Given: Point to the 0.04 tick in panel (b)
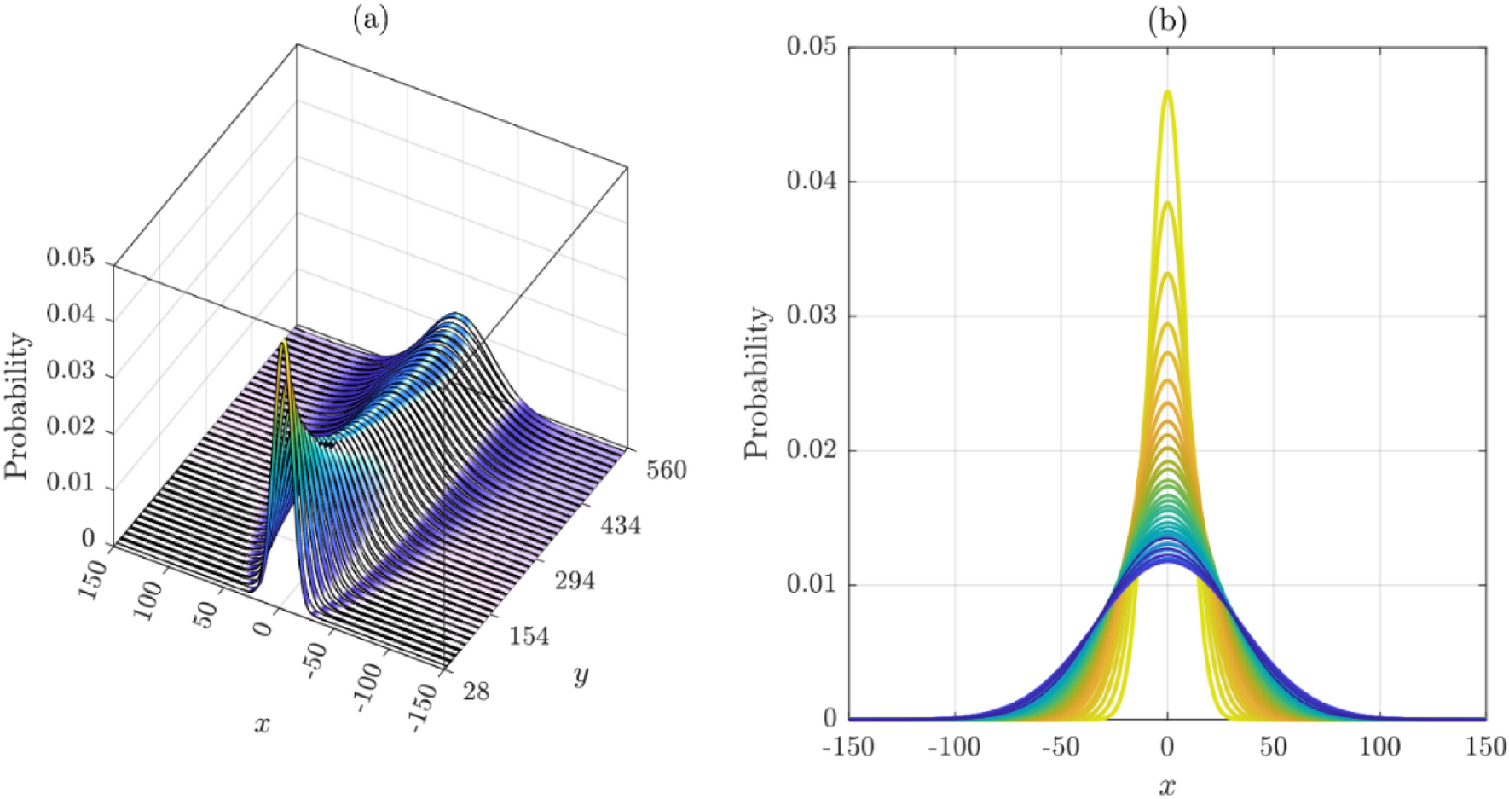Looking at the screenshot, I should [811, 182].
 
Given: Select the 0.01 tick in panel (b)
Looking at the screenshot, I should [811, 585].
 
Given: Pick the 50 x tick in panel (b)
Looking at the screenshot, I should [1273, 748].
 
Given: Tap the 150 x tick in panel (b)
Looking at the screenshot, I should [1486, 748].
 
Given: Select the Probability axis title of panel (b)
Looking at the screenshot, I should [757, 384].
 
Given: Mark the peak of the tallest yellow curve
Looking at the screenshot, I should [1167, 92].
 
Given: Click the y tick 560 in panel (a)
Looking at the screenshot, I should [666, 470].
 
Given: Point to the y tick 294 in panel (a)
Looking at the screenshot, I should [575, 581].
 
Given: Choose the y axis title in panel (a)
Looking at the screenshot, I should [582, 676].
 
